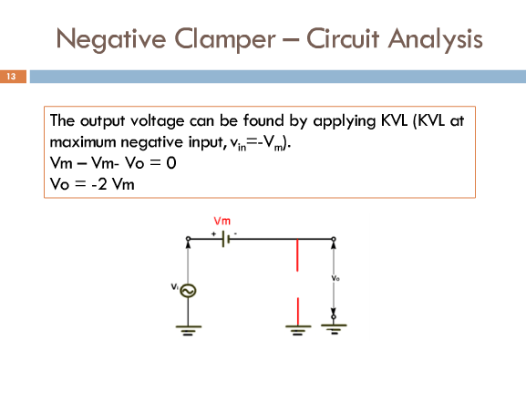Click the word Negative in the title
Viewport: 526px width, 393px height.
111,39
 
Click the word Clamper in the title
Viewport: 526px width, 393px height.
225,39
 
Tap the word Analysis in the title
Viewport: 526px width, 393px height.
436,39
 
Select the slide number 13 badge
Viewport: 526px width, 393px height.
13,77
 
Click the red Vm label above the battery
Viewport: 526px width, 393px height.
222,221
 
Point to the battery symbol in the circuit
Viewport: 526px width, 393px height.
225,239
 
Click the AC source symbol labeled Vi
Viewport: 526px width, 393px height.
188,291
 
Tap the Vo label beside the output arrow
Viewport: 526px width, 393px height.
335,278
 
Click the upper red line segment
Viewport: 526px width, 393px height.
297,254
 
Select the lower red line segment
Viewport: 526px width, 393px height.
297,311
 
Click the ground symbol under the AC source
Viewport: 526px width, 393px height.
188,330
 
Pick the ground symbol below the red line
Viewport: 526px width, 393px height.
298,330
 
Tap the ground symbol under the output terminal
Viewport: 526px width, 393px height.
334,329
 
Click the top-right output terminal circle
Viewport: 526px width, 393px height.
334,239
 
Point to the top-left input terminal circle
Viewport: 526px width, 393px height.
188,239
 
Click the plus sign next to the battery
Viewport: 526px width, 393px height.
213,234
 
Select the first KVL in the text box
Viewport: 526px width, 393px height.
394,120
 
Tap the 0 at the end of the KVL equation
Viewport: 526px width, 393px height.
171,163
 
